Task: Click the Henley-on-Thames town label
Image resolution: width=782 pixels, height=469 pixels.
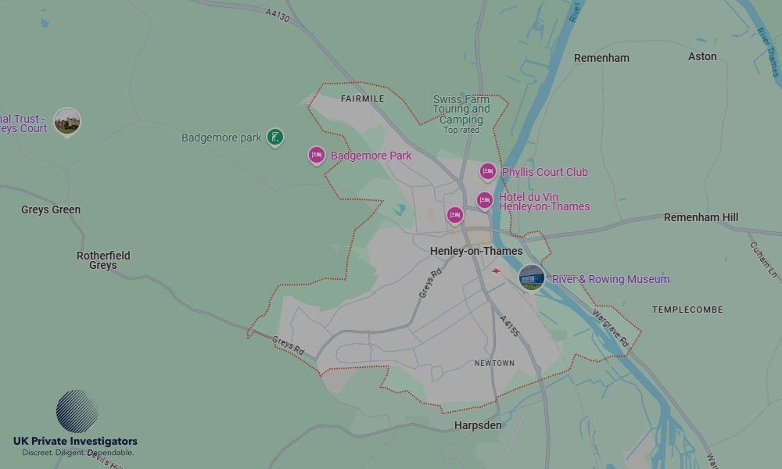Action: click(x=476, y=251)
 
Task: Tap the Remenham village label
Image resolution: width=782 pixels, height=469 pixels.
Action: click(x=601, y=58)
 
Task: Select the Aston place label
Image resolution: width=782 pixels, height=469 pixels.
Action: click(x=702, y=56)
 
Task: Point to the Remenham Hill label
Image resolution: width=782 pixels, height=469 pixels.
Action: click(x=701, y=217)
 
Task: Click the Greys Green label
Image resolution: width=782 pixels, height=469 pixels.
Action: click(x=51, y=209)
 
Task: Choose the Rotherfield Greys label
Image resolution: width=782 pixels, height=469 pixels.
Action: click(x=103, y=260)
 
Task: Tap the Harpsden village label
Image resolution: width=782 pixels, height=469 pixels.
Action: click(x=478, y=426)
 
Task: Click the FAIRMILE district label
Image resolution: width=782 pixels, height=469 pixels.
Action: click(x=363, y=99)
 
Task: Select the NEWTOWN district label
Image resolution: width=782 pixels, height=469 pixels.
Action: click(x=494, y=363)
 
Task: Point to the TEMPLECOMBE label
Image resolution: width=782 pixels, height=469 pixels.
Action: click(x=687, y=310)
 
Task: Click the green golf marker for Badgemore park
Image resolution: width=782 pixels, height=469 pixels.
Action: click(x=274, y=138)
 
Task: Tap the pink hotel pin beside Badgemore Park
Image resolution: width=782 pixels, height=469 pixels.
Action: click(x=317, y=156)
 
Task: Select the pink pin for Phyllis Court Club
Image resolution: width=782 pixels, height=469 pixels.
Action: click(x=488, y=172)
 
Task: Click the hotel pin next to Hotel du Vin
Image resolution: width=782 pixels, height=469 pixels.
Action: click(x=485, y=201)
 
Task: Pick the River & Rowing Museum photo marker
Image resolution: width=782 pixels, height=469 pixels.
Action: click(x=532, y=277)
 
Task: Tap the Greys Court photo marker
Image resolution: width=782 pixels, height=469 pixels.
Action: click(x=67, y=121)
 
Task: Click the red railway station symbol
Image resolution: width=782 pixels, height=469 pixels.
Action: click(x=496, y=270)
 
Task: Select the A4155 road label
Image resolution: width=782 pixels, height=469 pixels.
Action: click(x=509, y=327)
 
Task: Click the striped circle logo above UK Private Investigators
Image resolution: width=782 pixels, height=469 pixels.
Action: click(x=77, y=411)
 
